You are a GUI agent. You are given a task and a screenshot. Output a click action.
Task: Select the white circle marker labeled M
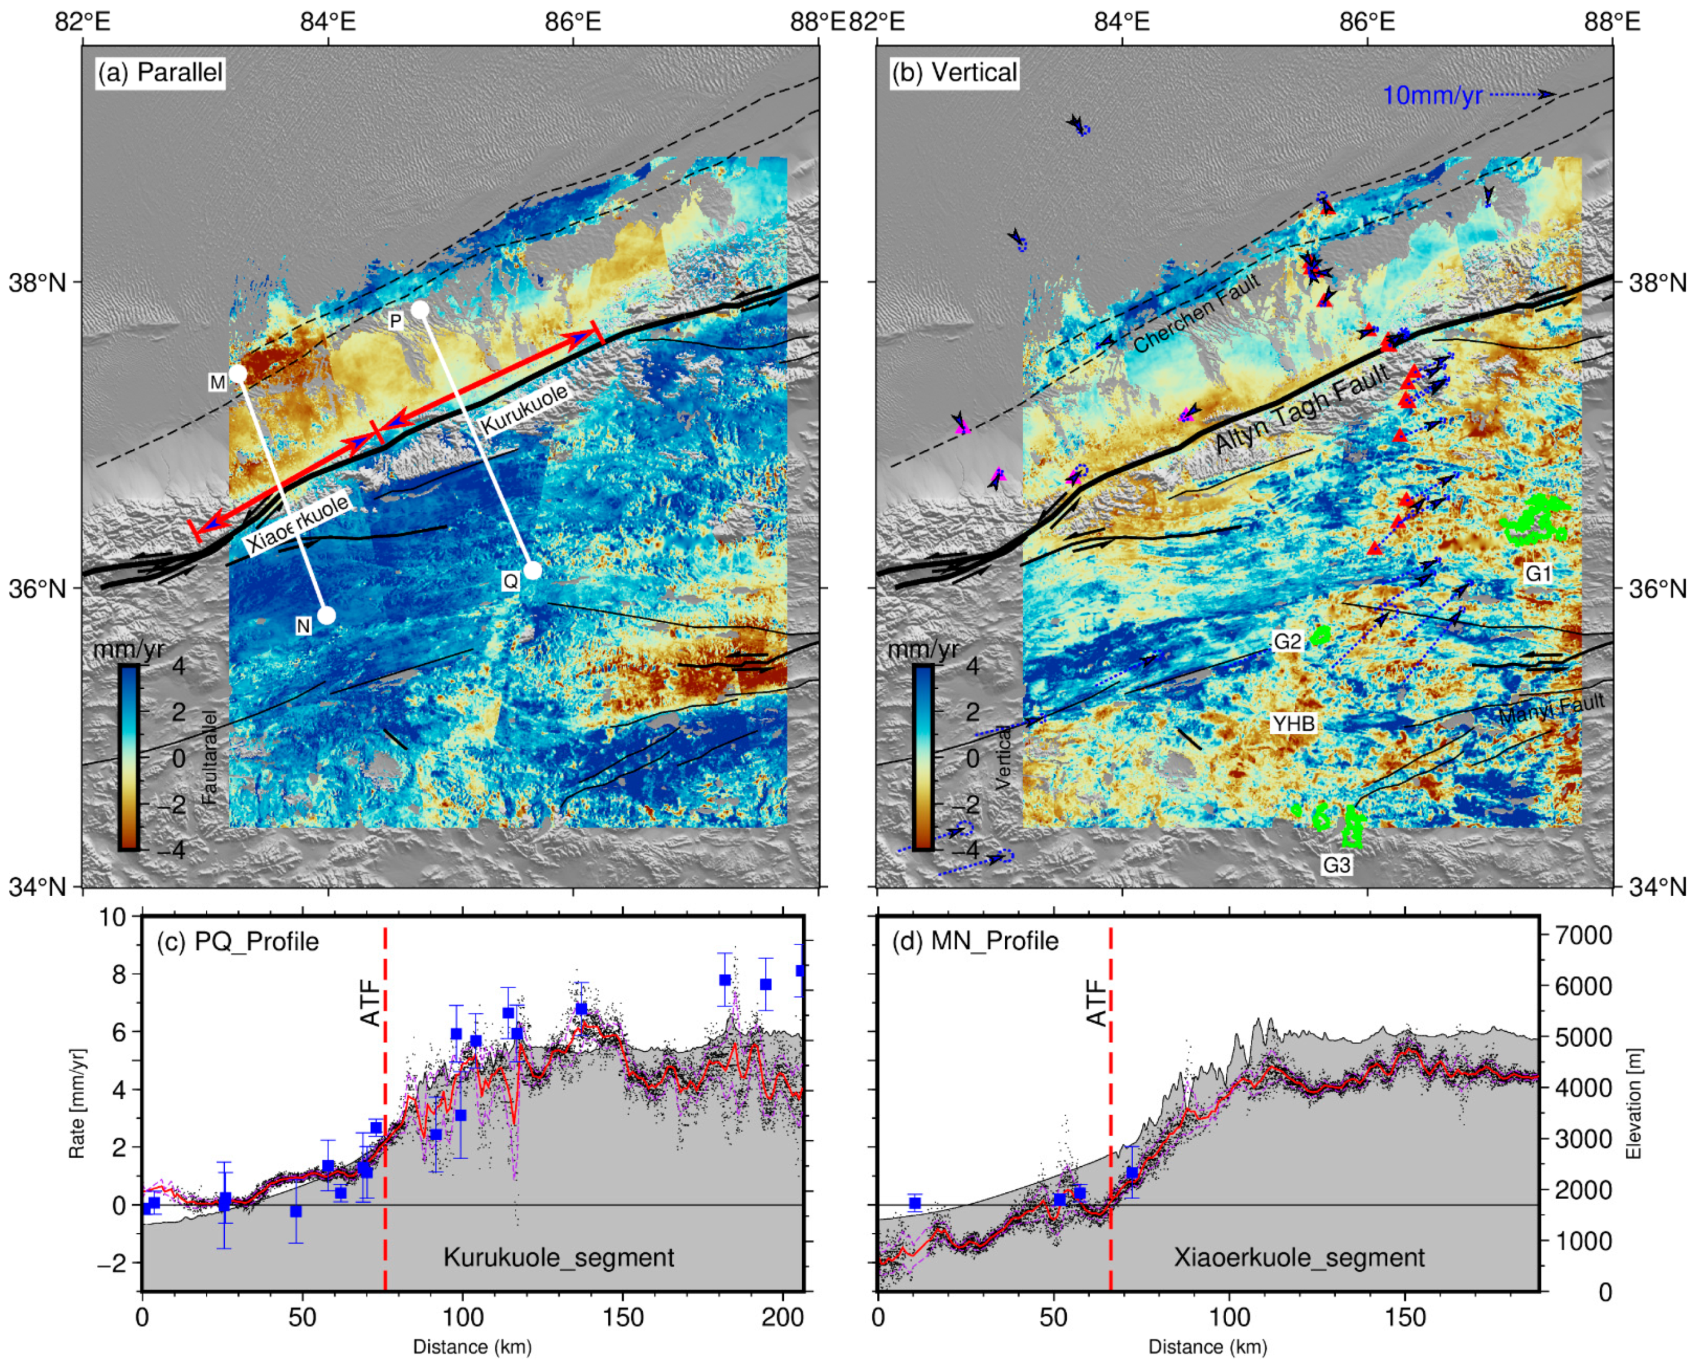click(x=238, y=374)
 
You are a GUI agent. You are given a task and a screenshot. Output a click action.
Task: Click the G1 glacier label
click(x=1538, y=574)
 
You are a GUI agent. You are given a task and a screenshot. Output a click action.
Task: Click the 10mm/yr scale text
click(x=1432, y=96)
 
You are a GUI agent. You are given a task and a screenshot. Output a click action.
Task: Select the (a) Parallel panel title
click(x=161, y=72)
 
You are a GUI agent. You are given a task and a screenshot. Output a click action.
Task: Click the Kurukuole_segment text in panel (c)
click(x=559, y=1257)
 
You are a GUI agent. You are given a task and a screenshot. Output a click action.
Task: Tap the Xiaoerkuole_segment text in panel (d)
click(x=1299, y=1257)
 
